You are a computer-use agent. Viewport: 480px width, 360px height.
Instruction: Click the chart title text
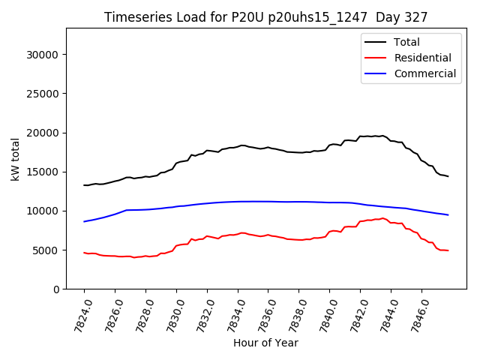266,17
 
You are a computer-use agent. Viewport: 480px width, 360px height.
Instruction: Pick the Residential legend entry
422,58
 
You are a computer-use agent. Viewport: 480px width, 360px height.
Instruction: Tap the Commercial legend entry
424,73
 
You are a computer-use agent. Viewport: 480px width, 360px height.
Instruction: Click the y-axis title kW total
15,158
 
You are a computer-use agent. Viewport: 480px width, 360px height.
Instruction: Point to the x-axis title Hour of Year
265,343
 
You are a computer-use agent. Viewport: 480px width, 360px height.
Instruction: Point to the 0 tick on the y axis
56,289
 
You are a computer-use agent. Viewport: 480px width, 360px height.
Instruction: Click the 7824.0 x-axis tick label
79,313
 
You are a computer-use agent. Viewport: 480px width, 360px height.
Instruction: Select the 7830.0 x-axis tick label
171,313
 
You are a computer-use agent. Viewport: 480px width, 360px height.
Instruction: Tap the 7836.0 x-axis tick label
262,313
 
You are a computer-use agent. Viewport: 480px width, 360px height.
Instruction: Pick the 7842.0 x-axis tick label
355,313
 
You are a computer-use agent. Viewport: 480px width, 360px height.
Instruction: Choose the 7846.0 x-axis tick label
416,313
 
